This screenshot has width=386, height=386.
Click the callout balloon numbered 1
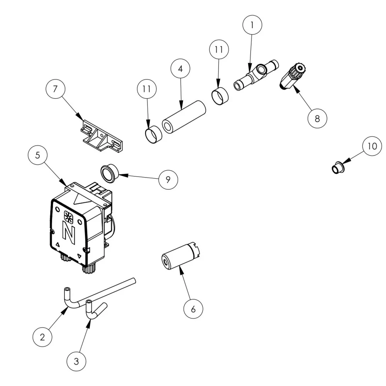[252, 25]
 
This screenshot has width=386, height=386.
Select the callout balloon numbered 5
[38, 156]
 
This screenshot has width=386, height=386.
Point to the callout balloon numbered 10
[372, 147]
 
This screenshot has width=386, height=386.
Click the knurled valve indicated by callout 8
[294, 76]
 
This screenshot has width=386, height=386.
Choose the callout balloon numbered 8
[317, 119]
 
